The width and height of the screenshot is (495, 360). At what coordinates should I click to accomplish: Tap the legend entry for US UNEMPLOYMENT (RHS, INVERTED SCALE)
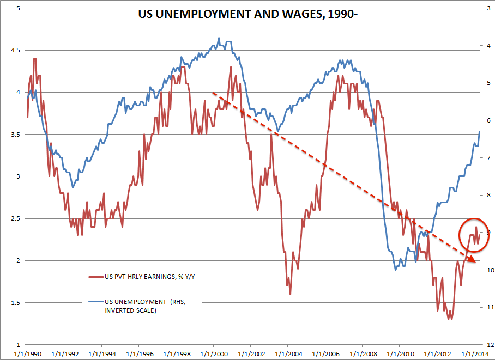coord(143,305)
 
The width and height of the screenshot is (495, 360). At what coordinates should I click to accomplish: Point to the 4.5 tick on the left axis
coord(14,50)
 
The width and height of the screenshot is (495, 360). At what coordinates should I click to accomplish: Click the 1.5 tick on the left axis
coord(14,303)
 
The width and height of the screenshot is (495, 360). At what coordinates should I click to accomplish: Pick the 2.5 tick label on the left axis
coord(14,218)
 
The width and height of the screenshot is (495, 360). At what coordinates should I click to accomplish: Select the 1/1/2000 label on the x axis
coord(213,353)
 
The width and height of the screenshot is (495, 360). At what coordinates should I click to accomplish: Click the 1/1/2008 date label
coord(362,353)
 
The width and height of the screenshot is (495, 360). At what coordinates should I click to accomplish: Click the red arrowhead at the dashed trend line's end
coord(472,259)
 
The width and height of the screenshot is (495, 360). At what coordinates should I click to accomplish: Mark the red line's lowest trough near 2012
coord(450,319)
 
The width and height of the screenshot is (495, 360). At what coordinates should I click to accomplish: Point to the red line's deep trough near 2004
coord(290,294)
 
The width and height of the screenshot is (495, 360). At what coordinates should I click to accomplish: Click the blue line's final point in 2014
coord(479,131)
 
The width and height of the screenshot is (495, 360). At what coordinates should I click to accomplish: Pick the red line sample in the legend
coord(95,276)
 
